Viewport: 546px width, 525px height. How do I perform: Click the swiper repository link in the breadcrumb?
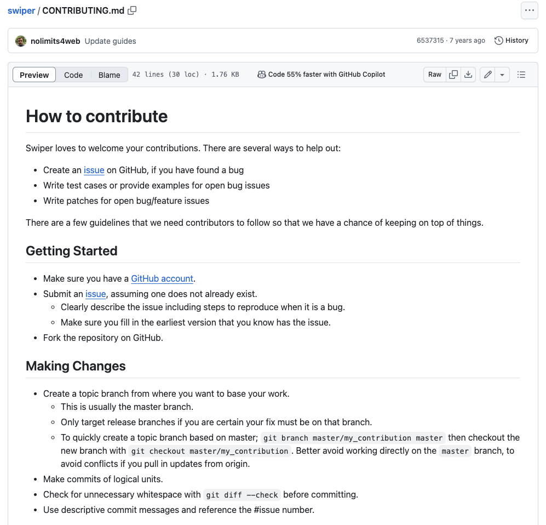(x=21, y=10)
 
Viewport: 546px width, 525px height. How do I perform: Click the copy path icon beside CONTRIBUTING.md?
(x=132, y=10)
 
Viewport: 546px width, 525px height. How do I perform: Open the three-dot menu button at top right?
(x=529, y=10)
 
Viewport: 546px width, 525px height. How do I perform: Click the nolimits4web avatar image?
(x=21, y=41)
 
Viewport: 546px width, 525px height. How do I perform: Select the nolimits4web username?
(x=55, y=41)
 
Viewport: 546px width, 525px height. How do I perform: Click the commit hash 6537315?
(x=430, y=41)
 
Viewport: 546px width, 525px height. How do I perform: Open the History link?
(x=511, y=41)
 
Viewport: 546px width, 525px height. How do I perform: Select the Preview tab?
(x=34, y=75)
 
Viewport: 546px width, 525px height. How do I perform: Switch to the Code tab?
(x=73, y=75)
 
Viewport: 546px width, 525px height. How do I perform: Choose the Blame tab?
(x=109, y=75)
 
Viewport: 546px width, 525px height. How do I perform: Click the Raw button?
(x=435, y=75)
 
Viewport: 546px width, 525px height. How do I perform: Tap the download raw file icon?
(x=468, y=75)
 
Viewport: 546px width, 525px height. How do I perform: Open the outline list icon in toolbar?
(x=521, y=75)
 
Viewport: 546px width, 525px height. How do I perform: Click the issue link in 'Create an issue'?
(x=94, y=170)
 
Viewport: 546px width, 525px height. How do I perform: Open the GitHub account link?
(x=162, y=279)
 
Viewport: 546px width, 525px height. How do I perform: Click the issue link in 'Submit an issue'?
(x=95, y=294)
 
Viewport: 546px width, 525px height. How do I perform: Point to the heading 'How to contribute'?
(x=97, y=116)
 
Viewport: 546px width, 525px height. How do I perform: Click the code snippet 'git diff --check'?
(x=242, y=495)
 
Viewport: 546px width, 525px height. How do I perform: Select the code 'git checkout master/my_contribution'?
(x=210, y=451)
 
